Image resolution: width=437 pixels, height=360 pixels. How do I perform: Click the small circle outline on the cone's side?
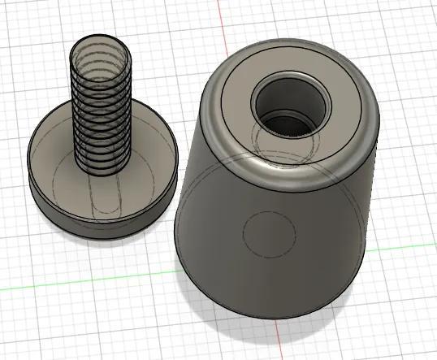point(267,231)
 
